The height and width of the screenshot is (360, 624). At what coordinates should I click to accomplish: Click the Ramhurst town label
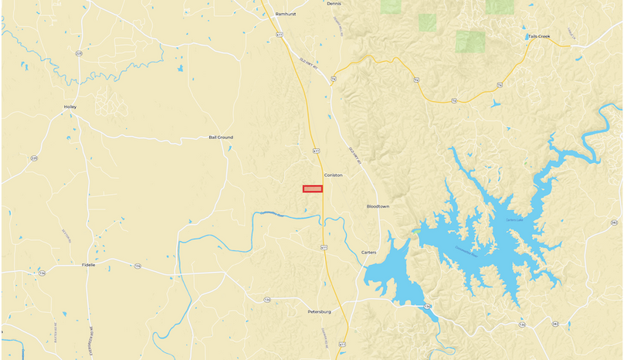coord(286,14)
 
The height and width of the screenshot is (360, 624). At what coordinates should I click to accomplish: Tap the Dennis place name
coord(334,4)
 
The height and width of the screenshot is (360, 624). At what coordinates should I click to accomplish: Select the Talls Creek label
coord(539,36)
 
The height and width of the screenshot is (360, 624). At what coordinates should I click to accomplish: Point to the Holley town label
coord(70,107)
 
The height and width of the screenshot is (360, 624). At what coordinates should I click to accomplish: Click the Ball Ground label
coord(221,138)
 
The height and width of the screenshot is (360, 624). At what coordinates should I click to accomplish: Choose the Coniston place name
coord(333,175)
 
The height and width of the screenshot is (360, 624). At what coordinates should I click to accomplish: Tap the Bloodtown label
coord(378,207)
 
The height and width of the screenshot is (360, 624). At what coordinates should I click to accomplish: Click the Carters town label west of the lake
coord(368,253)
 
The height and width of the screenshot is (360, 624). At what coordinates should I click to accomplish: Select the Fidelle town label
coord(89,265)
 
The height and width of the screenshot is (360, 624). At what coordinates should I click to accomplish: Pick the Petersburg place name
coord(318,312)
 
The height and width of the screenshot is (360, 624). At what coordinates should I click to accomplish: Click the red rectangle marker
coord(312,189)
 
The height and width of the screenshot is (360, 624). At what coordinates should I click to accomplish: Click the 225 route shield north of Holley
coord(79,53)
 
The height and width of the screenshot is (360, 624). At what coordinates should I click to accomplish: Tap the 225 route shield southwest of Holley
coord(34,158)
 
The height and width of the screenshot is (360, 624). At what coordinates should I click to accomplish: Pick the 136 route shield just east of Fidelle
coord(137,265)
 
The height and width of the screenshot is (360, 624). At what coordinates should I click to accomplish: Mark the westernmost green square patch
coord(391,6)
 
